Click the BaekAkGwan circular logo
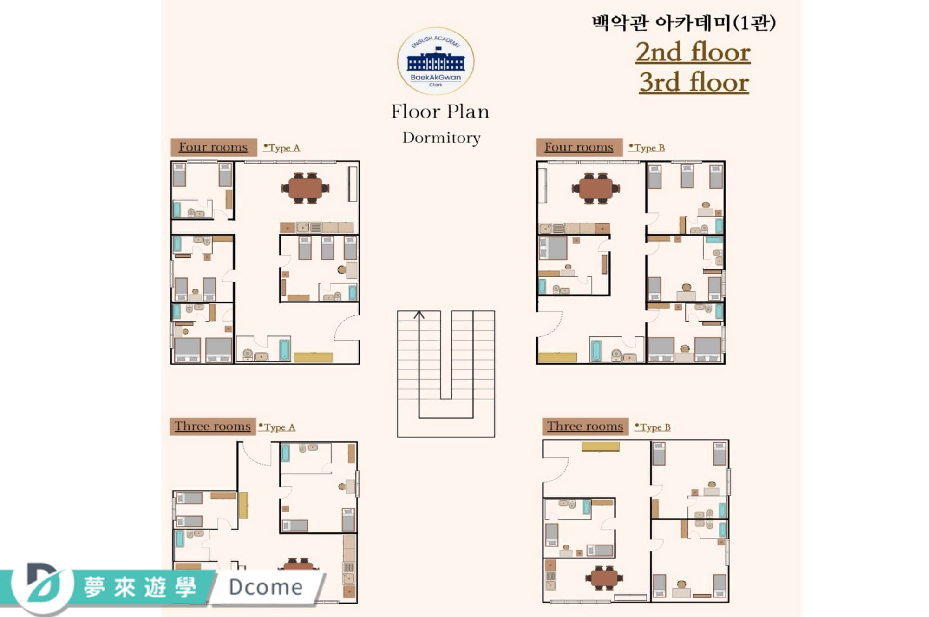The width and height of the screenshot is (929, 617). (x=436, y=61)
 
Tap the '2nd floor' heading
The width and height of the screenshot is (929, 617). (x=693, y=52)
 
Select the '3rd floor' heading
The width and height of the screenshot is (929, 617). (x=694, y=82)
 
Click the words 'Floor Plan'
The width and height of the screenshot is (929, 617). (x=440, y=112)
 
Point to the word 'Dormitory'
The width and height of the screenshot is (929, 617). (x=441, y=138)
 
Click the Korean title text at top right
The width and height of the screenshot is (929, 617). (x=684, y=22)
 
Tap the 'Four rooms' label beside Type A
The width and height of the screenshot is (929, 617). (x=213, y=147)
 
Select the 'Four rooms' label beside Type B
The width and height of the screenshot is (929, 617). (x=579, y=147)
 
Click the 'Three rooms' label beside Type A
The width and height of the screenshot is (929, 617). (x=212, y=427)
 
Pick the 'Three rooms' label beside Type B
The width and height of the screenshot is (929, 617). (x=585, y=427)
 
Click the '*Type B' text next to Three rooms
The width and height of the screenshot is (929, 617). (x=653, y=427)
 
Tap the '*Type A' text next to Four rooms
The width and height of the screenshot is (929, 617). (x=281, y=148)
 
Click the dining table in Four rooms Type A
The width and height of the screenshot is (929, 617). (x=305, y=188)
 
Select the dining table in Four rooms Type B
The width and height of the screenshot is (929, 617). (x=596, y=188)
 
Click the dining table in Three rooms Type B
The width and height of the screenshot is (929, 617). (x=604, y=578)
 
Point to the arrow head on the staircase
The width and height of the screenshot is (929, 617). (x=419, y=315)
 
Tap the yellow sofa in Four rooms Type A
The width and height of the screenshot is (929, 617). (x=314, y=357)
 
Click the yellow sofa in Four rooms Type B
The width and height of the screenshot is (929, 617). (x=557, y=357)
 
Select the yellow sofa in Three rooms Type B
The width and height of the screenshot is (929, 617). (x=601, y=446)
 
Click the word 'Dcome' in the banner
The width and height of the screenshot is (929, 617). (x=266, y=587)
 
